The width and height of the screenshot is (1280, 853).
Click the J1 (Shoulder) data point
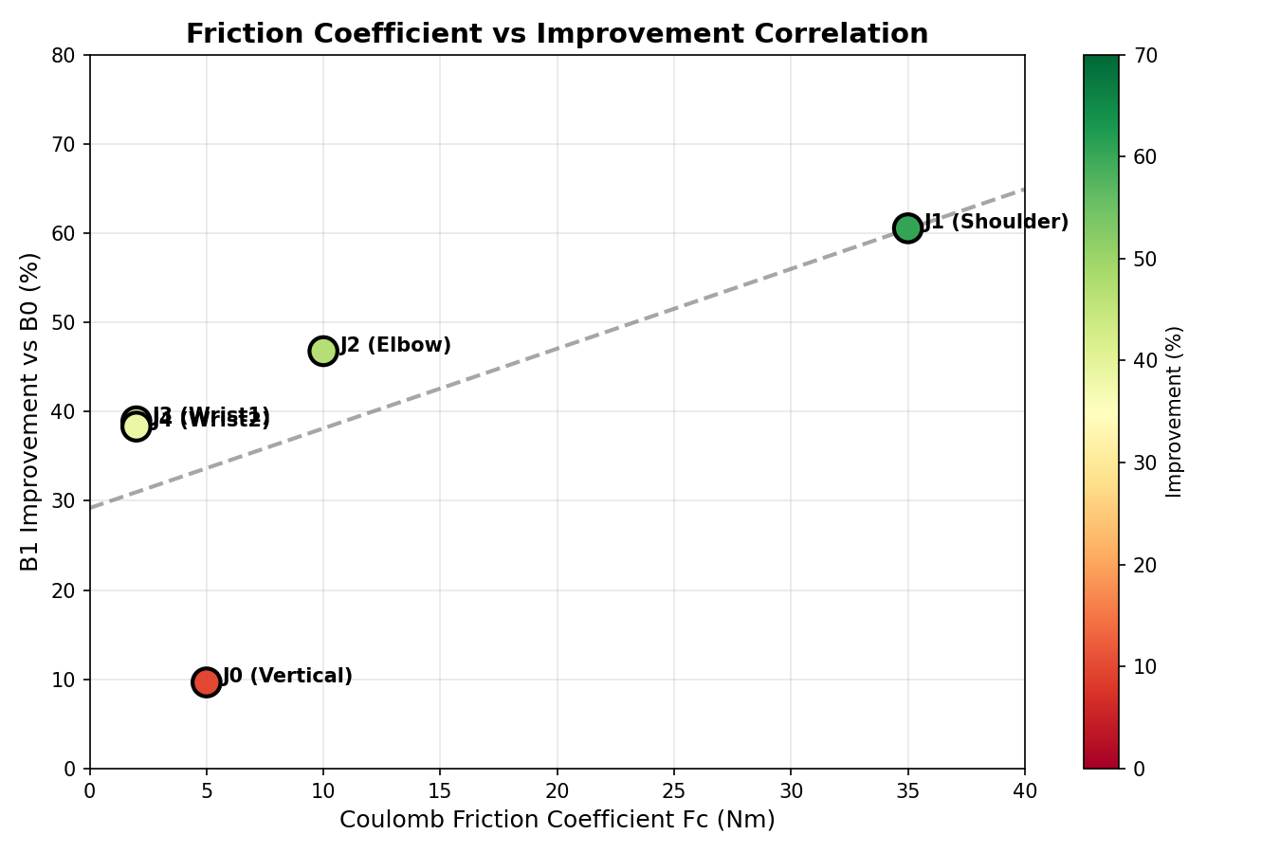907,227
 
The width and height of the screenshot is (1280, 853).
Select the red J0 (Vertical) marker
206,681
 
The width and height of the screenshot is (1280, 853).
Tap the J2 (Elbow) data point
323,351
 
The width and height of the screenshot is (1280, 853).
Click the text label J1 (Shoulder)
996,223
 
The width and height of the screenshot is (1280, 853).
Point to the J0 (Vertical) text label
287,677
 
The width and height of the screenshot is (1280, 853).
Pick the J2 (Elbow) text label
395,346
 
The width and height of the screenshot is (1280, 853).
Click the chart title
557,34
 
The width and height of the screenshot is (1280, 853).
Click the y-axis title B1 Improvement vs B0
30,411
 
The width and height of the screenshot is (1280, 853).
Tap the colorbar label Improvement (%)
1175,411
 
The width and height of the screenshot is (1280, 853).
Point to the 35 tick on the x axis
907,789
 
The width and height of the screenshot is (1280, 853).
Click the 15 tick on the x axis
440,789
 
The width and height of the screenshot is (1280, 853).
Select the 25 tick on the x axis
674,789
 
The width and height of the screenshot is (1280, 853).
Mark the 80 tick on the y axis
64,56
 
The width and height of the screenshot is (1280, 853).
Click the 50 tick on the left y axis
64,323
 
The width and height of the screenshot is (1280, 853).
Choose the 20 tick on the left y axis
64,590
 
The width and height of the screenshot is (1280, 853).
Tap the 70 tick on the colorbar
1144,56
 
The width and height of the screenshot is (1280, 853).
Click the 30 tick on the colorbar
1144,463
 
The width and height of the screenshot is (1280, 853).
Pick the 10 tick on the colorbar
1144,666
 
